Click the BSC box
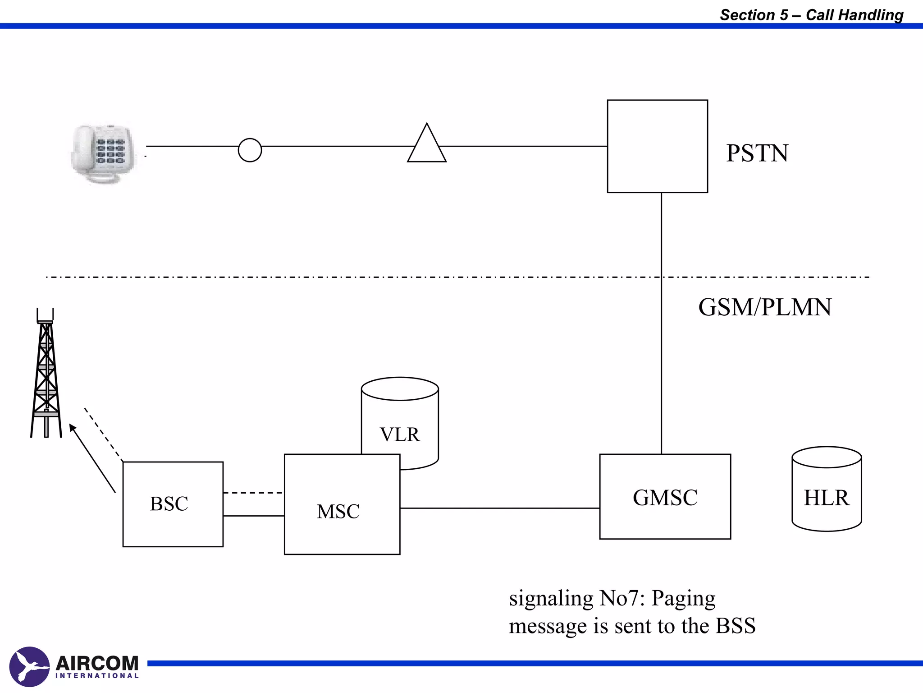click(173, 504)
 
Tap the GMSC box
click(665, 497)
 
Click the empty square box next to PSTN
click(657, 146)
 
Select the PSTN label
click(757, 153)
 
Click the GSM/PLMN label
click(765, 307)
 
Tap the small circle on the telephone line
click(250, 150)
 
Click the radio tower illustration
click(46, 374)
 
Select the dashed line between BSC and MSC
click(253, 493)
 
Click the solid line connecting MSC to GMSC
click(499, 508)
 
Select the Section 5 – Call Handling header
click(811, 15)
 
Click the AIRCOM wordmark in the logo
click(97, 663)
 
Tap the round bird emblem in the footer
click(29, 666)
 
